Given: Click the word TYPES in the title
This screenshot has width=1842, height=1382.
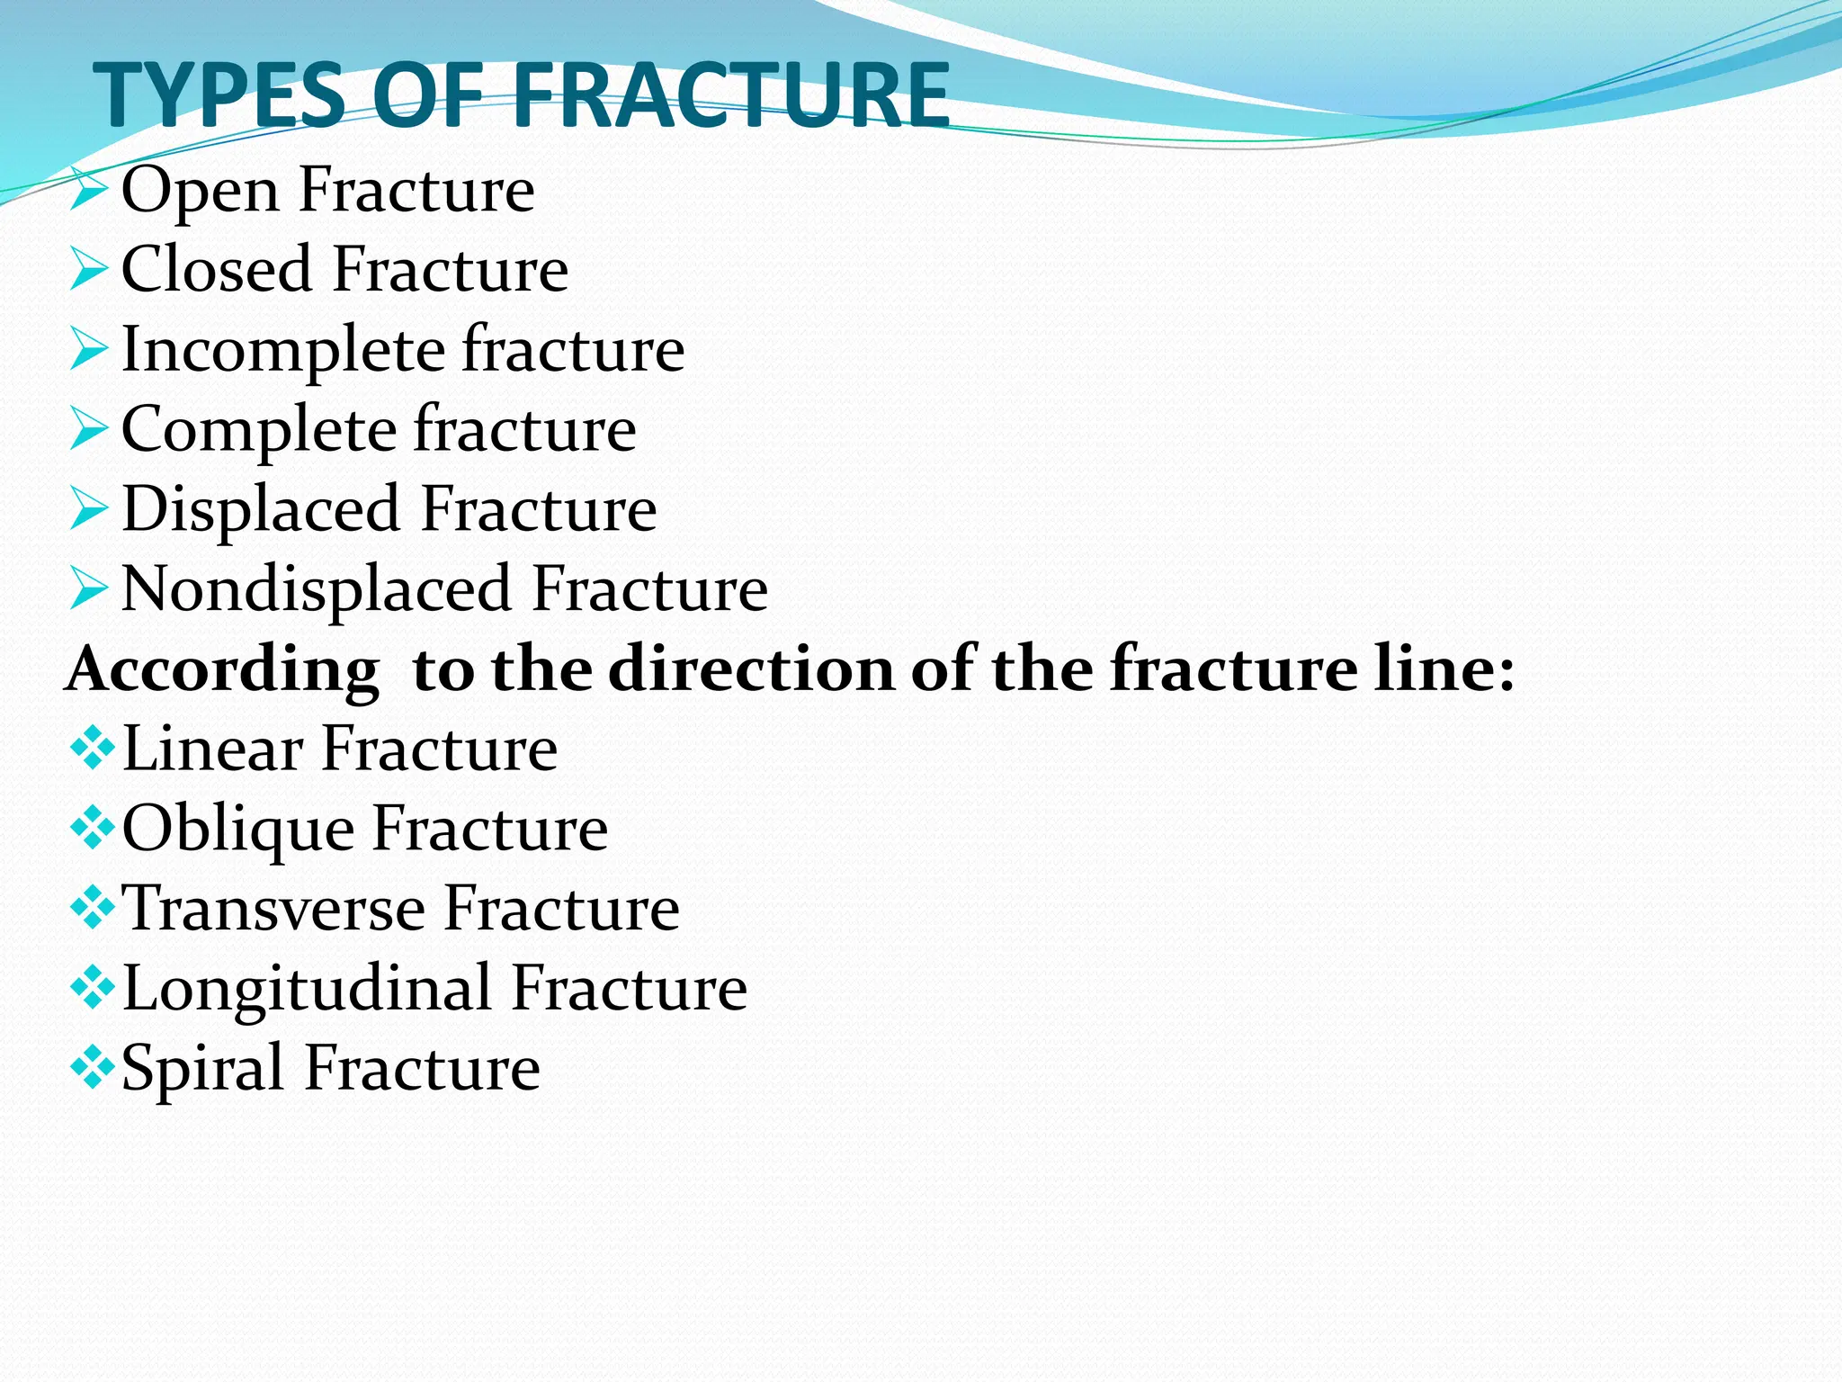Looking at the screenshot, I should click(x=220, y=94).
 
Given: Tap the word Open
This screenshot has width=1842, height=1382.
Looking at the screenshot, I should click(x=200, y=192).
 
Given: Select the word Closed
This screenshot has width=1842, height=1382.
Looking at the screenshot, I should click(x=216, y=269).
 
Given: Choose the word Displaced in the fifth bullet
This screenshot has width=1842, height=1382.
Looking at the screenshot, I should click(x=260, y=510).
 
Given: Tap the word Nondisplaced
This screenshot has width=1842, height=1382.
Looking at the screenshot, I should click(x=316, y=589).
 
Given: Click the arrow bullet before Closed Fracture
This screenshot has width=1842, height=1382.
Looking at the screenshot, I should click(x=89, y=269).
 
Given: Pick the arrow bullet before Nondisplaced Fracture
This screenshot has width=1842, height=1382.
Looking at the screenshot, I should click(x=89, y=588).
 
